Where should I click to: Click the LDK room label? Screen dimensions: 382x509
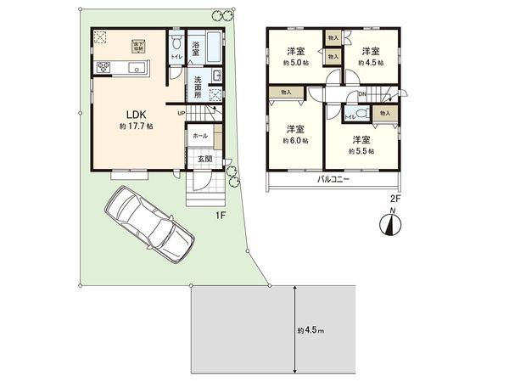click(138, 114)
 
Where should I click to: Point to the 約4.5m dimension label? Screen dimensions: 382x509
click(310, 329)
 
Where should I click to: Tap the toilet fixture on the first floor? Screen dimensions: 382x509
click(175, 42)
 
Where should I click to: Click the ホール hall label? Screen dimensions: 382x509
click(200, 135)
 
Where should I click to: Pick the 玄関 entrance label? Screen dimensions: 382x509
click(206, 157)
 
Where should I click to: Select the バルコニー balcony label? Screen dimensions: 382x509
click(334, 180)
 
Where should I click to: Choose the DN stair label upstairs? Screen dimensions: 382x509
click(361, 93)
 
